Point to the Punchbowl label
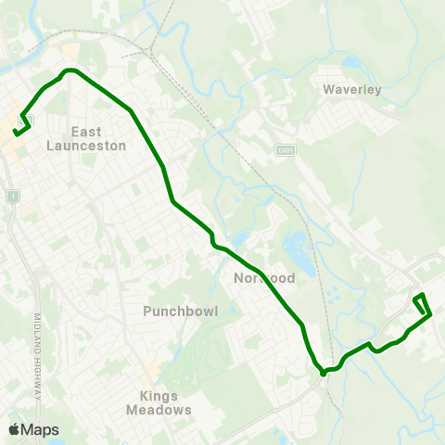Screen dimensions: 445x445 pyautogui.click(x=180, y=311)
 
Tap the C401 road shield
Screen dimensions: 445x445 pyautogui.click(x=286, y=149)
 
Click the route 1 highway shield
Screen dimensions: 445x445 pyautogui.click(x=12, y=197)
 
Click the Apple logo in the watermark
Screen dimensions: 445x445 pyautogui.click(x=14, y=429)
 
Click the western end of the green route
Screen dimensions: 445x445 pyautogui.click(x=15, y=133)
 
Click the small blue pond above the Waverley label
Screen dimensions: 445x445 pyautogui.click(x=350, y=63)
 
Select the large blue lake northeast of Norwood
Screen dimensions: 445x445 pyautogui.click(x=296, y=246)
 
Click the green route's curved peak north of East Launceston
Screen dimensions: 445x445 pyautogui.click(x=70, y=70)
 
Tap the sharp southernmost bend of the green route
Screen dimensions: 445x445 pyautogui.click(x=323, y=374)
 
